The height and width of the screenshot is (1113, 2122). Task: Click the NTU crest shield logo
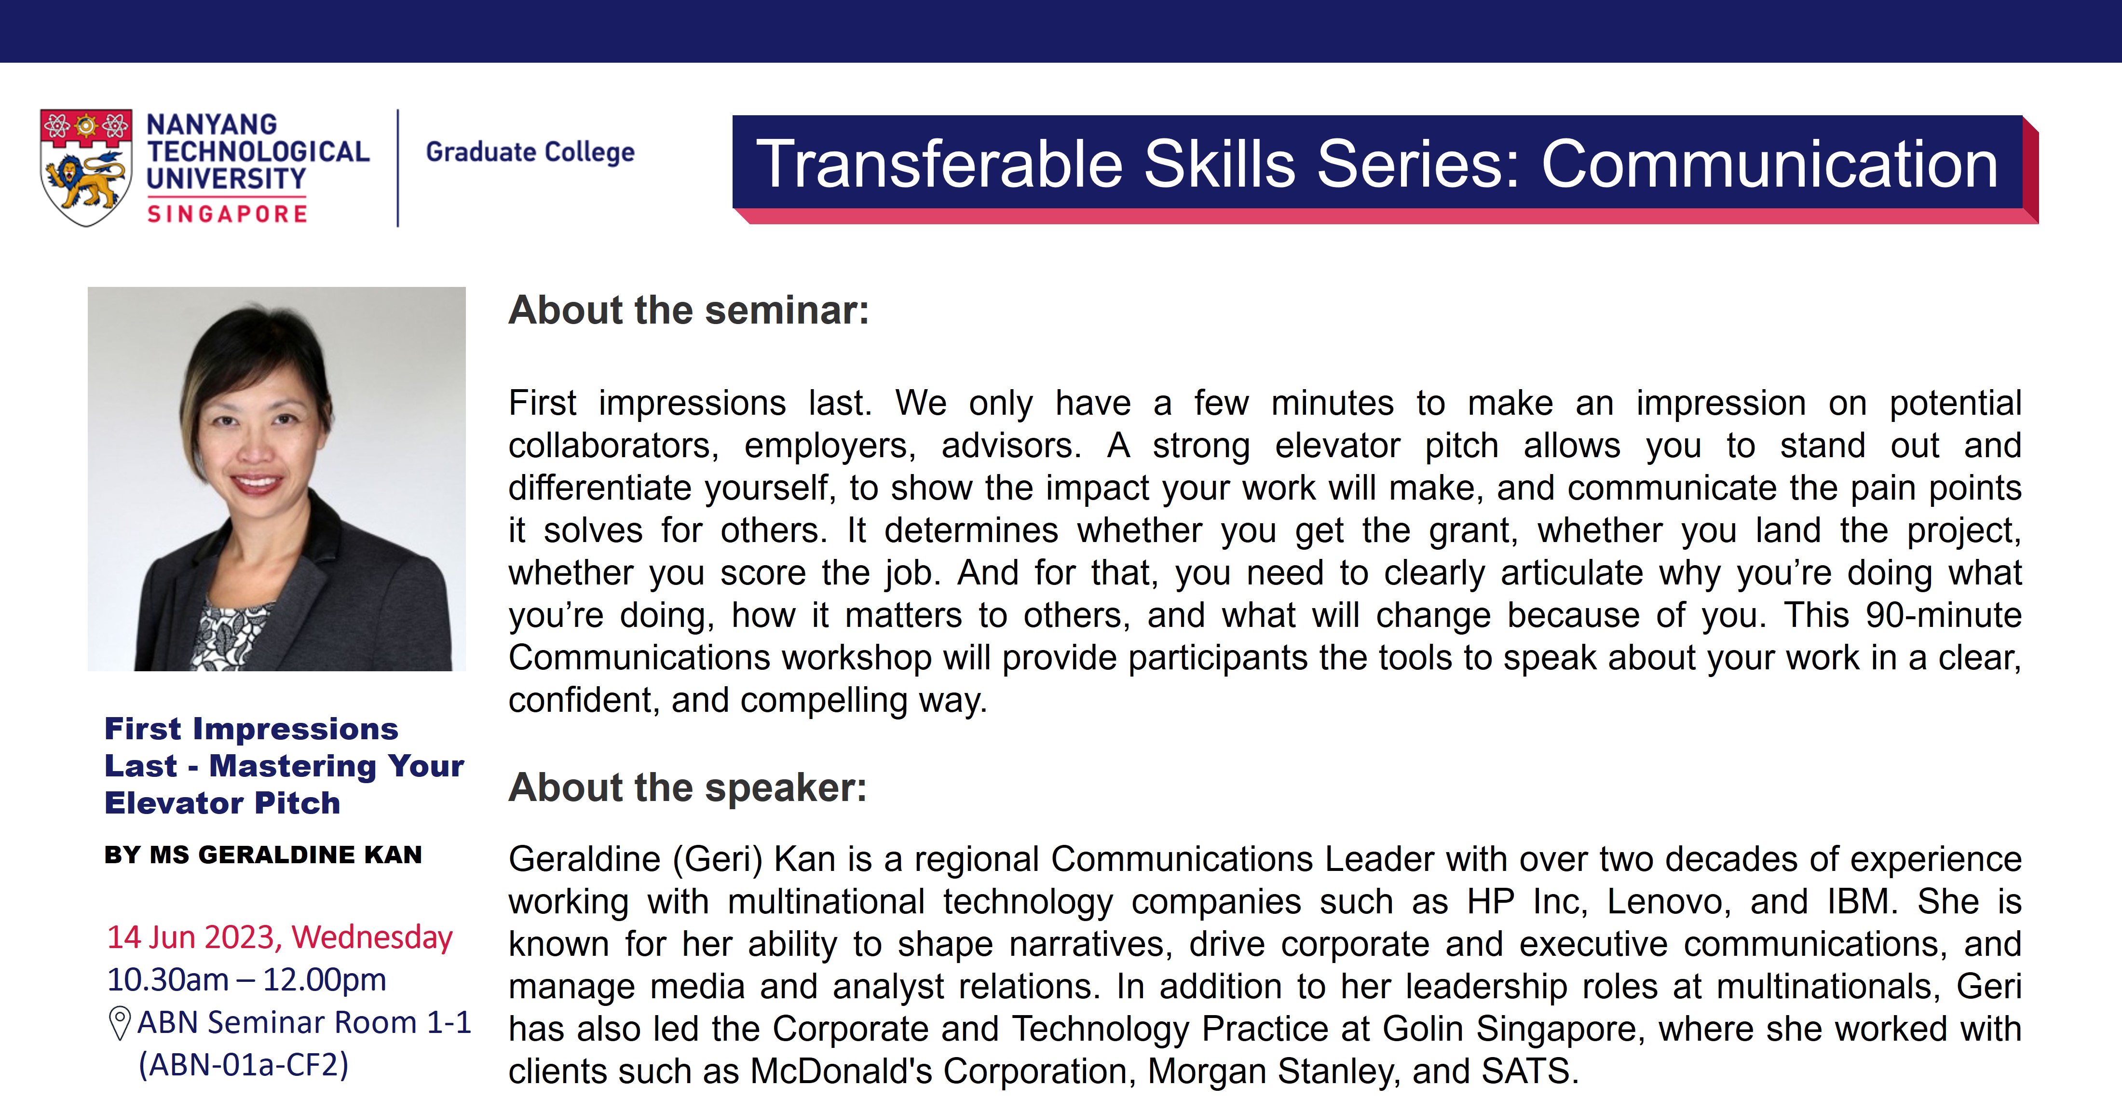[x=86, y=167]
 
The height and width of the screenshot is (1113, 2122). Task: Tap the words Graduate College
[x=530, y=152]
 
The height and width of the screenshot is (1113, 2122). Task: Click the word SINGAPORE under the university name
[x=227, y=214]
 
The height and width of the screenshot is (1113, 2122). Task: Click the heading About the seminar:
[x=689, y=311]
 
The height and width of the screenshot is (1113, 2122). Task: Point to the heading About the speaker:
[x=688, y=787]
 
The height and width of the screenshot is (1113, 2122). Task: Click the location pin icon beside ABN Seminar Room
[x=120, y=1024]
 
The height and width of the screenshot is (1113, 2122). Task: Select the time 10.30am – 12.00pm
[x=246, y=979]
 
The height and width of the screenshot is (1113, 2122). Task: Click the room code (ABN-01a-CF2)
[x=244, y=1065]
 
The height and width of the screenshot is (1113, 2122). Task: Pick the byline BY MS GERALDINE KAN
[x=263, y=855]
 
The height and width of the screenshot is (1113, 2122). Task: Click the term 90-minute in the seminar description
[x=1944, y=615]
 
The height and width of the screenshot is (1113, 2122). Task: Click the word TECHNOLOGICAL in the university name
[x=258, y=151]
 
